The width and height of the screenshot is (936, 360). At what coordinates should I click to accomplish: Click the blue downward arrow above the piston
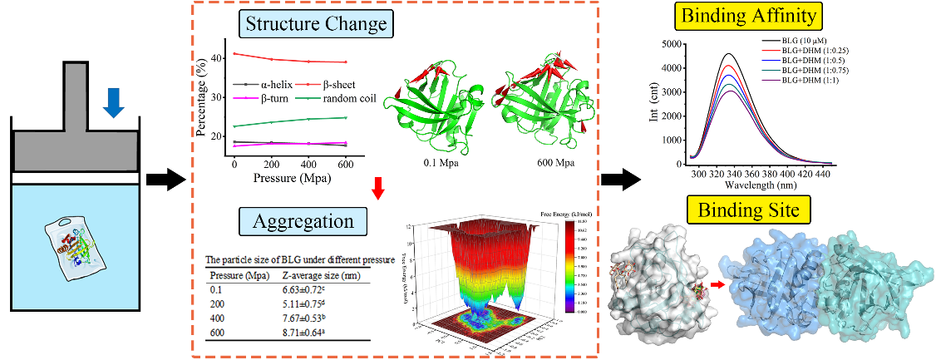[x=115, y=101]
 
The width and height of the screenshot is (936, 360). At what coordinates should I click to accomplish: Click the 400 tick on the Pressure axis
[x=308, y=165]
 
